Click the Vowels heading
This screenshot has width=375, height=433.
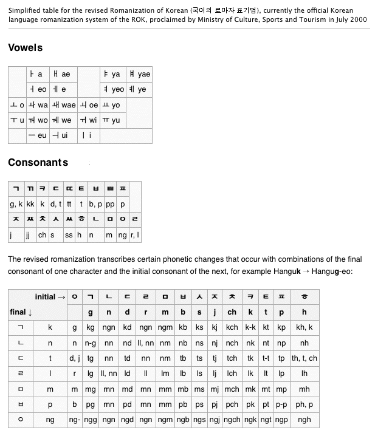[26, 47]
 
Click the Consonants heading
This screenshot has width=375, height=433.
[38, 162]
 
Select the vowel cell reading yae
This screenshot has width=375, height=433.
[139, 74]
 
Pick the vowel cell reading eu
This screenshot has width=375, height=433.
[38, 135]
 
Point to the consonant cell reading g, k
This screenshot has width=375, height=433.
[16, 205]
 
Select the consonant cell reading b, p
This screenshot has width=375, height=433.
[97, 205]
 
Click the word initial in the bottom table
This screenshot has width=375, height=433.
[45, 296]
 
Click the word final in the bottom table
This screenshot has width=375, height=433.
[18, 312]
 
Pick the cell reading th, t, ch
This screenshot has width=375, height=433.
[304, 358]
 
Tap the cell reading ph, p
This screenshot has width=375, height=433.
[304, 404]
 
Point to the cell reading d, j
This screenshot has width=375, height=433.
[75, 358]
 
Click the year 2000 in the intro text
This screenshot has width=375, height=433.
[357, 19]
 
